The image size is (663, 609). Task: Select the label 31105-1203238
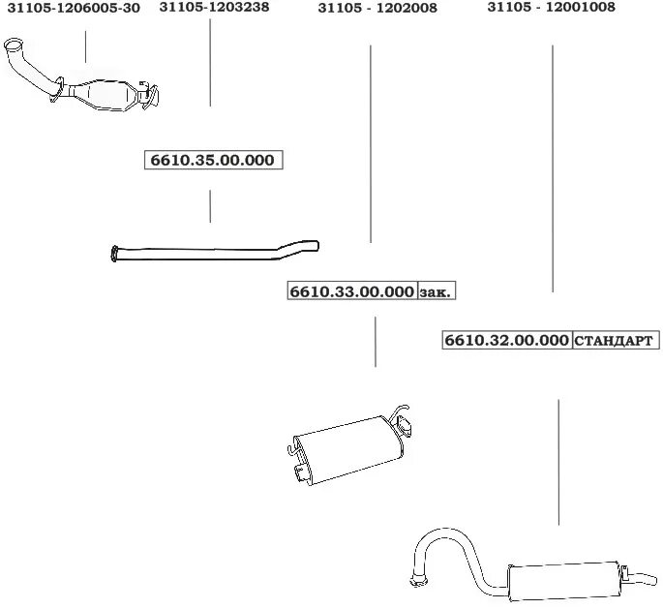click(x=214, y=7)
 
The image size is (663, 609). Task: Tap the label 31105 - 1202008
click(x=377, y=8)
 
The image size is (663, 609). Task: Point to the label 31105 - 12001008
click(x=551, y=8)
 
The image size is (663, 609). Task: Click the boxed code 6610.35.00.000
click(x=213, y=161)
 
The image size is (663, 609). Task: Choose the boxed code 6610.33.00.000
click(x=351, y=291)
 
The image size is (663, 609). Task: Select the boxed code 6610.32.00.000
click(x=506, y=341)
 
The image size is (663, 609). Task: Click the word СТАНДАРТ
click(x=616, y=341)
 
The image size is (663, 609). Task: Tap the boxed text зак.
click(x=437, y=291)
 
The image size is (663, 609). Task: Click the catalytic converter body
click(x=107, y=94)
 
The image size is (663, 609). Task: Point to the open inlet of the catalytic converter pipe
click(x=14, y=47)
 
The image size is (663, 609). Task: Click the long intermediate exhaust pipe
click(x=213, y=252)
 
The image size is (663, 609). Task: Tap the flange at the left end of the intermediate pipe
click(x=115, y=256)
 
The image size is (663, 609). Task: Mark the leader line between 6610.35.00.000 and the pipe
click(x=210, y=206)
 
